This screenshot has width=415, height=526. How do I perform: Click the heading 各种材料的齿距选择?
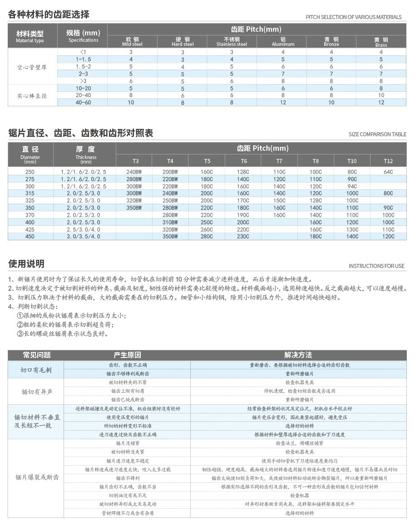coord(49,14)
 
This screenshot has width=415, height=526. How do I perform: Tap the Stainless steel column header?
coord(232,41)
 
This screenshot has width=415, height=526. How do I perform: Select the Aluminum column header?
coord(283,41)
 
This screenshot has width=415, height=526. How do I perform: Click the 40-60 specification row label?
coord(83,103)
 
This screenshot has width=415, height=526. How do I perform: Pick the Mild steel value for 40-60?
coord(131,103)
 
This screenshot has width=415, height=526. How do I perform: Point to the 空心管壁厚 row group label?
coord(32,67)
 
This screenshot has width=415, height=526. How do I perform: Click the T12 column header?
coord(388,161)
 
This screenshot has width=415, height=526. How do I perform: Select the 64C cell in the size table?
coord(388,172)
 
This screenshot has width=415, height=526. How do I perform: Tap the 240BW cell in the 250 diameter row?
coord(133,172)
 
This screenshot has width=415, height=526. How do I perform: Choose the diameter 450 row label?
coord(30,237)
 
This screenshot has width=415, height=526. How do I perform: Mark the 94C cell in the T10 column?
coord(352,186)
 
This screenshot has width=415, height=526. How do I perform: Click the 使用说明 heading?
coord(26,264)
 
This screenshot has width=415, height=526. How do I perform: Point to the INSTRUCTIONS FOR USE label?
coord(376,266)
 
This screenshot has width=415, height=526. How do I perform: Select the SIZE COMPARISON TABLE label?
coord(377,134)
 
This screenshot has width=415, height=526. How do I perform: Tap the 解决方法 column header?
coord(298,355)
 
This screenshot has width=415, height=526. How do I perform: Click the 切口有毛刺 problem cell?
coord(36,370)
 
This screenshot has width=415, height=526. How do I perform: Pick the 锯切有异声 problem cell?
coord(36,391)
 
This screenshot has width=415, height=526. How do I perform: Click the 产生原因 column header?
coord(127,355)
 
